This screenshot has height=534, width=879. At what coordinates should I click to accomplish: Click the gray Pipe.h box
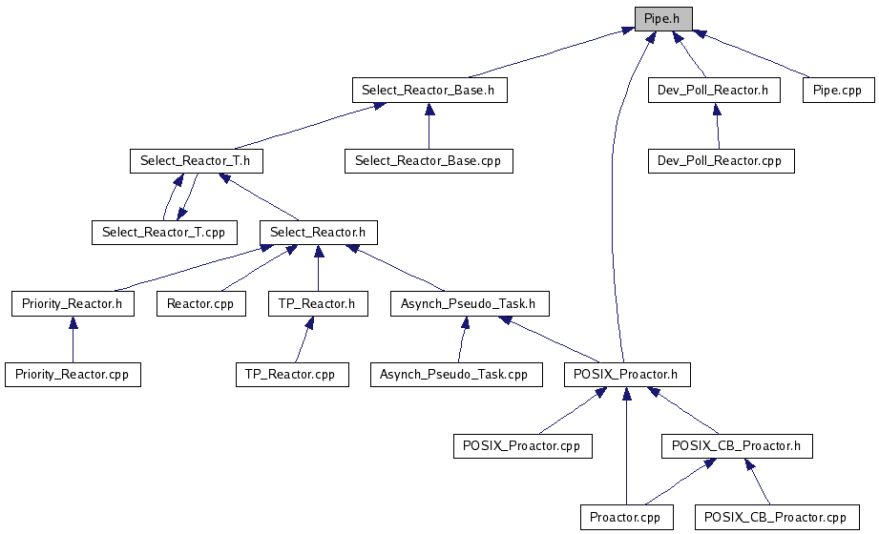point(663,19)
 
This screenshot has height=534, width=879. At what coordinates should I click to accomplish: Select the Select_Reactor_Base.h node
point(429,91)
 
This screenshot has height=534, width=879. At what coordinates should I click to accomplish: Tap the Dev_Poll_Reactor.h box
point(714,91)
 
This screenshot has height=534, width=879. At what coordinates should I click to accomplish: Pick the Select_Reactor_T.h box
point(196,161)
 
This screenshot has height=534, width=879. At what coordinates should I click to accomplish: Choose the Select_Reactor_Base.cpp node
point(429,161)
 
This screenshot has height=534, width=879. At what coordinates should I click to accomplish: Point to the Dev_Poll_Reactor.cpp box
point(721,161)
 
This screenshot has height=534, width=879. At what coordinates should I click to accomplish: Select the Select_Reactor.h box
point(318,232)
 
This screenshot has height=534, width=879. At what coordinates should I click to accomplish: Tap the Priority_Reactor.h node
point(73,304)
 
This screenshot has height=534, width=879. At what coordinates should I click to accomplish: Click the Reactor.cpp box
point(200,304)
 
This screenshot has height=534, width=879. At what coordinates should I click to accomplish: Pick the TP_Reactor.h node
point(317,304)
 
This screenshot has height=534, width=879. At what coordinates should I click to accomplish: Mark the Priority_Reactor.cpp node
point(73,375)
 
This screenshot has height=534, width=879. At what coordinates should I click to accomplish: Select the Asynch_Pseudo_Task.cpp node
point(456,375)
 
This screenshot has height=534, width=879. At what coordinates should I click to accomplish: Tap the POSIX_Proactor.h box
point(626,375)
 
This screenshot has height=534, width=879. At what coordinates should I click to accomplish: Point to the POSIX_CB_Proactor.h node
point(737,445)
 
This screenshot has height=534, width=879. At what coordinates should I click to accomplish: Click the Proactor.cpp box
point(626,518)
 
